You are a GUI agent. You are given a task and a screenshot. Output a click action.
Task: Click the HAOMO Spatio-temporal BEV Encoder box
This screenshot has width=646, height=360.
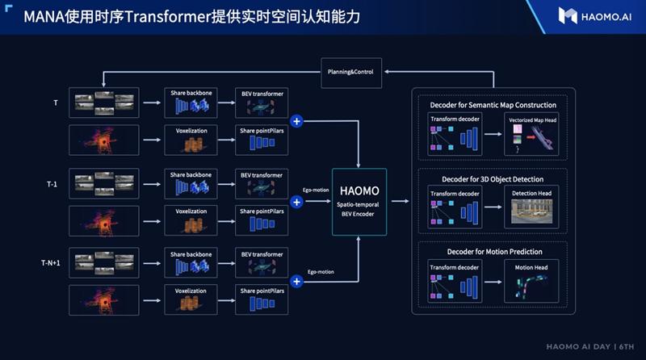[359, 201]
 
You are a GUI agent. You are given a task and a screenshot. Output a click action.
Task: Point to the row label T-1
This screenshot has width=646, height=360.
[52, 184]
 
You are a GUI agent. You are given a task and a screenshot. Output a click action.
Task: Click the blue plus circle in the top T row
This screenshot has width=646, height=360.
[296, 121]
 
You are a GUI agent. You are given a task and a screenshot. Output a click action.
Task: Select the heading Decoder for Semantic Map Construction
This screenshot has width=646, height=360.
[492, 105]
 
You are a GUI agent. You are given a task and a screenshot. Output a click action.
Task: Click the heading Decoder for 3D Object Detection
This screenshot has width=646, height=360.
[492, 178]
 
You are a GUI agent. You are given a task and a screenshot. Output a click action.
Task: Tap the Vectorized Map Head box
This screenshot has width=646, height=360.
[532, 134]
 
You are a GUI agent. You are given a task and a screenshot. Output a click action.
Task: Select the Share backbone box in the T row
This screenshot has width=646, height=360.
[190, 103]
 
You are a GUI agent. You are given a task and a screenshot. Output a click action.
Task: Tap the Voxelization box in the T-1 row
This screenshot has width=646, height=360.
[190, 220]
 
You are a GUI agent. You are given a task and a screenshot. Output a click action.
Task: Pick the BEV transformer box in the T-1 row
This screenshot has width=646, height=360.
[260, 184]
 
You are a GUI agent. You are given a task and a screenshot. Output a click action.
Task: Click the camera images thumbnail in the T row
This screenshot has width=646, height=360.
[104, 103]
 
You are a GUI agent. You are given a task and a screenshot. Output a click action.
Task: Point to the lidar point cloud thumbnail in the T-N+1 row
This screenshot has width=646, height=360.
[104, 300]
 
